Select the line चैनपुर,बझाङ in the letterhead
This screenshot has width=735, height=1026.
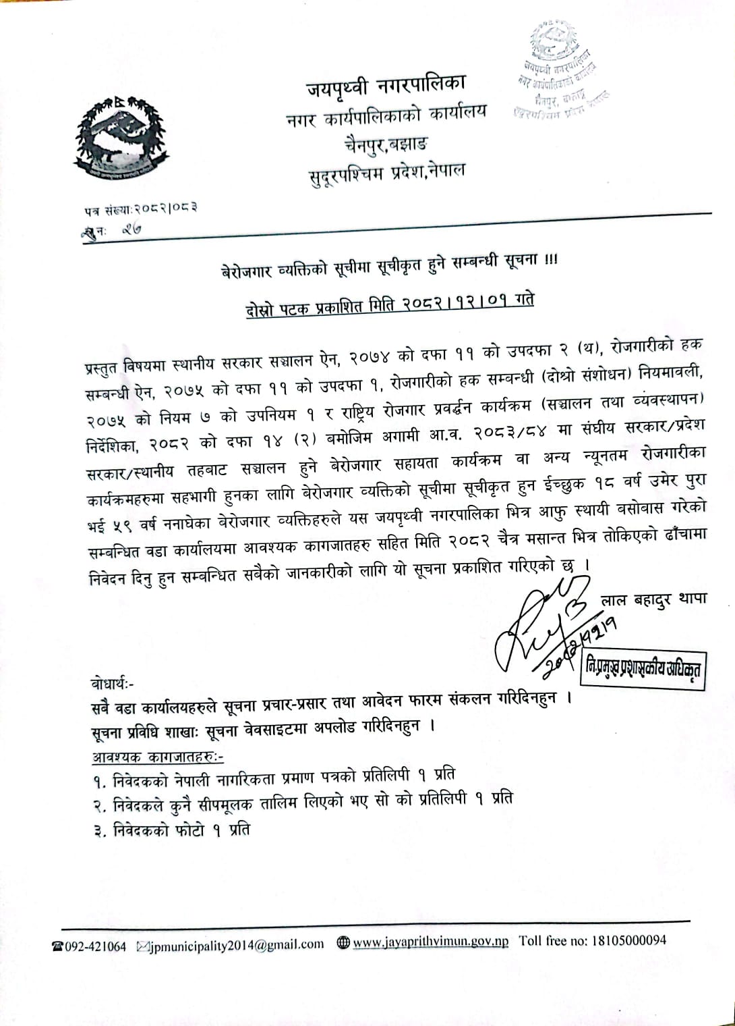385,142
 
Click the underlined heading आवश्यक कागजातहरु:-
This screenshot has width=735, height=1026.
157,756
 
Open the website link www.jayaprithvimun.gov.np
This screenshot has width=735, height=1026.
431,942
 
